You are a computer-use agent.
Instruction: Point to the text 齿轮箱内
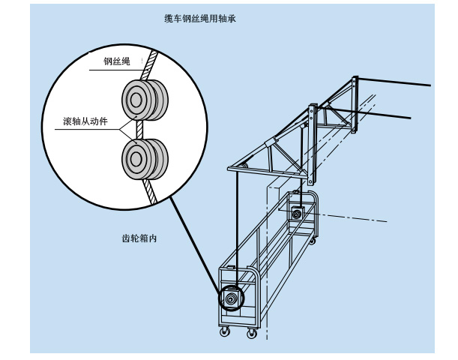coord(139,238)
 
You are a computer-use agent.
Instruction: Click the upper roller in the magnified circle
coord(142,99)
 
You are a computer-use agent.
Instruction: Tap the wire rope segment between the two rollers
coord(139,129)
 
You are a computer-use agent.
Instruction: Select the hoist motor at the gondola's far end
coord(298,214)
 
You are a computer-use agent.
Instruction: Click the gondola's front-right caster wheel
coord(253,333)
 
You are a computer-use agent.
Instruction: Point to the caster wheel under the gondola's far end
coord(313,242)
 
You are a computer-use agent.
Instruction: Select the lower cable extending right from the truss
coord(382,114)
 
